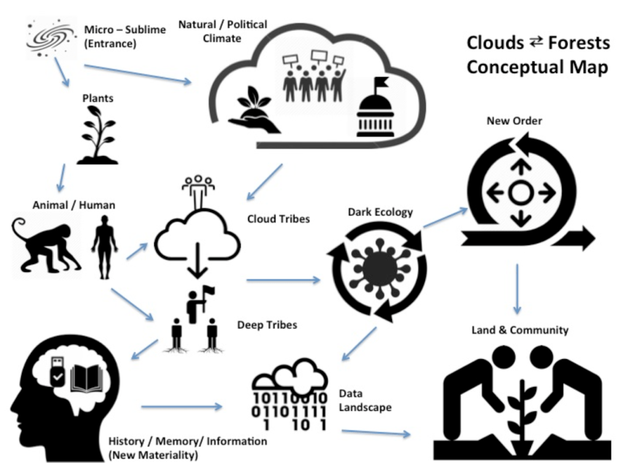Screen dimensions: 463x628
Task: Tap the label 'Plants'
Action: [x=98, y=98]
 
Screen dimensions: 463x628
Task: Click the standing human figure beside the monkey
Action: [x=104, y=246]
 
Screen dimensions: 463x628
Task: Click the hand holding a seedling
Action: [x=253, y=112]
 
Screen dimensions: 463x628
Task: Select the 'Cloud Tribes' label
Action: [x=278, y=219]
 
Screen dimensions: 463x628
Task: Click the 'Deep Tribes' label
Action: [x=267, y=324]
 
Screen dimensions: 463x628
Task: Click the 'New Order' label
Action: [x=514, y=121]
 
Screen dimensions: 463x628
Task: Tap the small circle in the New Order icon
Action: [x=519, y=194]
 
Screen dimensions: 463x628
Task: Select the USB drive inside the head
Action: [x=57, y=372]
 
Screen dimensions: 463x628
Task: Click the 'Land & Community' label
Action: [x=519, y=330]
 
